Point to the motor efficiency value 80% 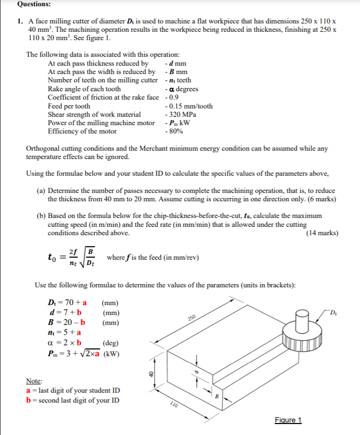click(x=174, y=131)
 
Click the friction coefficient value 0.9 click(x=171, y=98)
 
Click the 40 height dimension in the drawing click(x=152, y=373)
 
